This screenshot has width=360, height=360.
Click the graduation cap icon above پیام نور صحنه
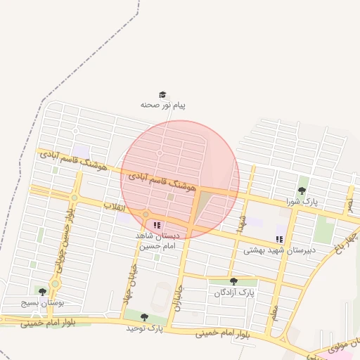(x=162, y=94)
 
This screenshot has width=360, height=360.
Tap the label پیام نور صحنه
(x=162, y=105)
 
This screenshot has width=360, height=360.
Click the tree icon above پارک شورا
(x=302, y=191)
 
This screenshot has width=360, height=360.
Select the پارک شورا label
(x=302, y=202)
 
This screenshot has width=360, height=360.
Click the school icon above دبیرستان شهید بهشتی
(x=280, y=240)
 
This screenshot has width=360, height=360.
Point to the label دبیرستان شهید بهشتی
(x=280, y=250)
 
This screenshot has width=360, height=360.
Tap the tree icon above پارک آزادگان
(x=233, y=281)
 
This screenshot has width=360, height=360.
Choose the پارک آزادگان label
(x=234, y=292)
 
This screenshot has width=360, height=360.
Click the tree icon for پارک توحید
(x=144, y=318)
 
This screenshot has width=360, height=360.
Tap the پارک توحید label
(x=144, y=328)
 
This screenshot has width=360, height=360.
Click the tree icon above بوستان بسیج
(x=42, y=291)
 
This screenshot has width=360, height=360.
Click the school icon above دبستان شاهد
(x=157, y=226)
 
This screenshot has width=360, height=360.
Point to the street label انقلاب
(x=115, y=206)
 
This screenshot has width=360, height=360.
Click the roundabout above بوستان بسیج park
(x=55, y=283)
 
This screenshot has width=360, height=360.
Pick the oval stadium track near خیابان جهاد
(x=160, y=296)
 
